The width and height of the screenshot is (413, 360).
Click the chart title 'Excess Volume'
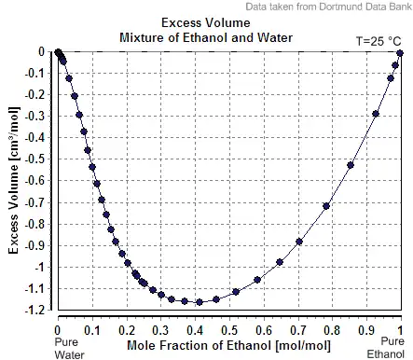tap(206, 23)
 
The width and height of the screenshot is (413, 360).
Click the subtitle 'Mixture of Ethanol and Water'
tap(206, 38)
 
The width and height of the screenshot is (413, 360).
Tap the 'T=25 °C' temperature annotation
tap(379, 41)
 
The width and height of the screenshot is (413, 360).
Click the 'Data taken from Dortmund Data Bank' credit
tap(329, 7)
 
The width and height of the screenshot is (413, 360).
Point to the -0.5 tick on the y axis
tap(34, 159)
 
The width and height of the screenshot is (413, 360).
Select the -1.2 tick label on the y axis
tap(34, 310)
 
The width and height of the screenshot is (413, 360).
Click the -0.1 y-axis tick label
tap(34, 74)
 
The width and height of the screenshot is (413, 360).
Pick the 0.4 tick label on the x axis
tap(195, 330)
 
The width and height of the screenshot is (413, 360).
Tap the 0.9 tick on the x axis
tap(366, 330)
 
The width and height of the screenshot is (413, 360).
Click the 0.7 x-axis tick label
tap(298, 330)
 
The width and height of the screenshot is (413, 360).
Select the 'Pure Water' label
tap(69, 348)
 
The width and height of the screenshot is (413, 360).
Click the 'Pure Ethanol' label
tap(386, 347)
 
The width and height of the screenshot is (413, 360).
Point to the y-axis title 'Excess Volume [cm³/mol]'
tap(13, 180)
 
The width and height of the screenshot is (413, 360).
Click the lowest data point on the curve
tap(200, 302)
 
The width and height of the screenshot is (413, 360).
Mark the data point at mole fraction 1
tap(400, 53)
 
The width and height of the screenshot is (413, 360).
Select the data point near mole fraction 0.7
tap(299, 242)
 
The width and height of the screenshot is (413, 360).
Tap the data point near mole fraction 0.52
tap(236, 292)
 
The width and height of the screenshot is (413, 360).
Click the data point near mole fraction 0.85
tap(351, 165)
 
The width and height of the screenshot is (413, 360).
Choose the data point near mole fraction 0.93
tap(376, 114)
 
